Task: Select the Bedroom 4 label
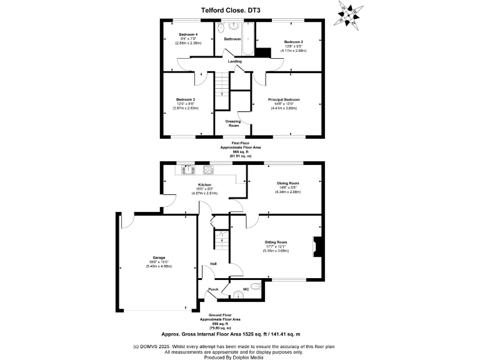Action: pos(187,34)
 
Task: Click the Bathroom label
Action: pos(232,39)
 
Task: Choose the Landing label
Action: pos(234,61)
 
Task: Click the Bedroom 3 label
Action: pos(185,99)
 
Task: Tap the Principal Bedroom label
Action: pos(284,99)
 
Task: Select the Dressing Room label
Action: pos(234,123)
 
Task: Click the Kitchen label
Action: pos(204,185)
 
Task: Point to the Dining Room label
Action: pos(288,183)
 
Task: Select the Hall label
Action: pos(213,264)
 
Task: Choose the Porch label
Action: pos(213,289)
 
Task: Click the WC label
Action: pos(254,289)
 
